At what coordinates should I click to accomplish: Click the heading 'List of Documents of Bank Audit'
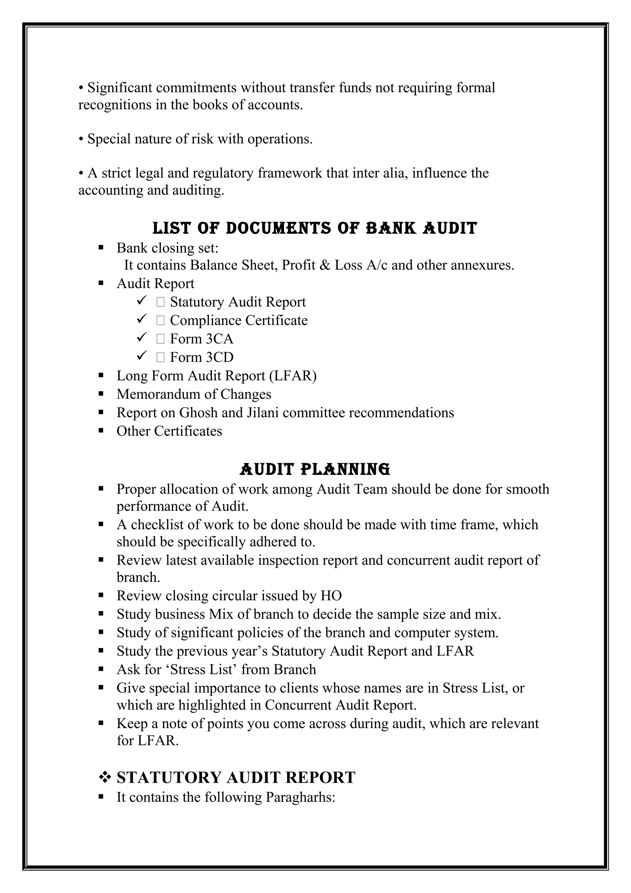click(315, 228)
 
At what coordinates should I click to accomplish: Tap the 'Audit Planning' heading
click(315, 469)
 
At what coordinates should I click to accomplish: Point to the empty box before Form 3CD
click(161, 357)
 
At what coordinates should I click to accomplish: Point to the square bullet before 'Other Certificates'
click(101, 430)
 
